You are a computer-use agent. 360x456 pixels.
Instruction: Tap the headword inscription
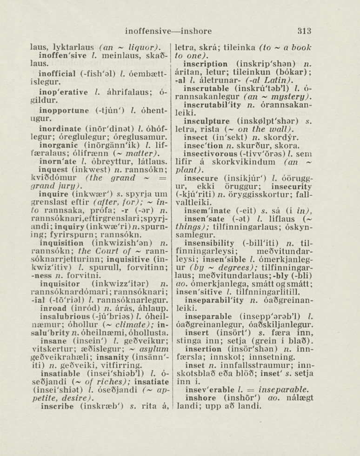click(205, 64)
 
